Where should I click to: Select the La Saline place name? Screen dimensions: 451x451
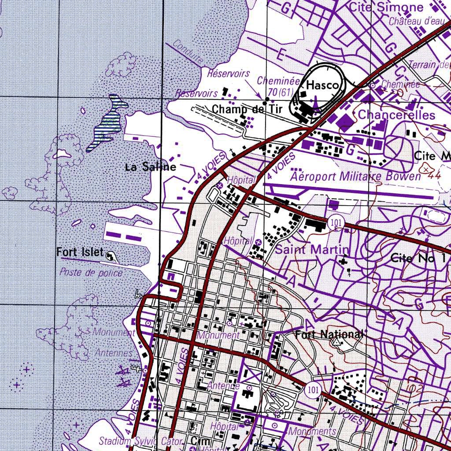[151, 167]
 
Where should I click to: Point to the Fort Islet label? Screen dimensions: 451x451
[80, 252]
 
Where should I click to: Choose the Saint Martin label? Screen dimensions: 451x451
[312, 250]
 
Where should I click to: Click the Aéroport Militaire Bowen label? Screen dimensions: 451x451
[355, 177]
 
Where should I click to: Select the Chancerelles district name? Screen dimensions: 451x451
[396, 115]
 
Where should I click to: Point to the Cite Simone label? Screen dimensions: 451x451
[386, 7]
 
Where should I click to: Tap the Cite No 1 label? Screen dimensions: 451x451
[418, 259]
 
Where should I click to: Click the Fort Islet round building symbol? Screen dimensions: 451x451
[111, 255]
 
